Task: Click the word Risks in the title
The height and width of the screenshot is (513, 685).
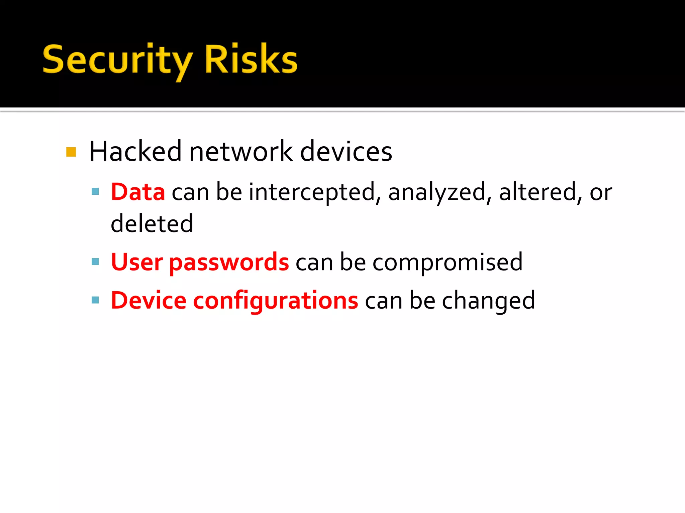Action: coord(251,59)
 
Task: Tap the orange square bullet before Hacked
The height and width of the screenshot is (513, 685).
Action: coord(71,152)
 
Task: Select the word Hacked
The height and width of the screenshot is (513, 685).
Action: coord(135,152)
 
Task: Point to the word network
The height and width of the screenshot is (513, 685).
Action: coord(241,152)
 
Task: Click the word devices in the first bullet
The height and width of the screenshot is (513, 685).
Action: coord(346,152)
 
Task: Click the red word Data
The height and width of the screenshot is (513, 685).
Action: coord(138,192)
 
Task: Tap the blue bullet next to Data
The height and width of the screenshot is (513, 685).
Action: coord(95,191)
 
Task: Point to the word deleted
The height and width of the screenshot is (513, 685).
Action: coord(152,223)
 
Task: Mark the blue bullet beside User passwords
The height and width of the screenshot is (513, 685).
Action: coord(95,262)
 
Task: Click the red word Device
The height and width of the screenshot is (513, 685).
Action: coord(149,301)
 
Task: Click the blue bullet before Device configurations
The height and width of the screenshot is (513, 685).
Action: coord(95,300)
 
